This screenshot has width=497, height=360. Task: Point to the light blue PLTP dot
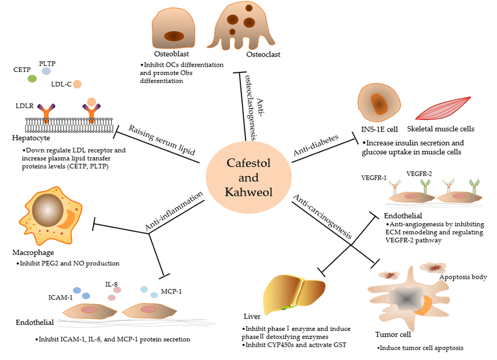tap(46, 71)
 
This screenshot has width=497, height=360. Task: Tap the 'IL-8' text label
tap(112, 283)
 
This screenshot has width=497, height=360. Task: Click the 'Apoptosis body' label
tap(463, 276)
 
